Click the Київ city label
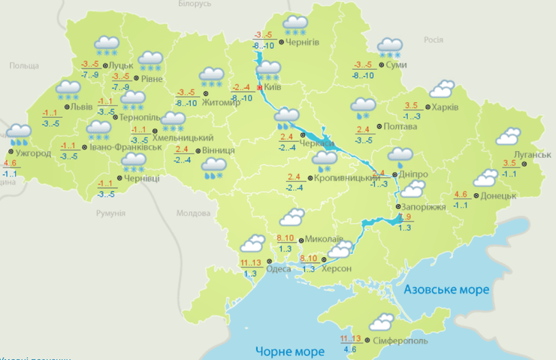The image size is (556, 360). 273,88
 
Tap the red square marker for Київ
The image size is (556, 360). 260,88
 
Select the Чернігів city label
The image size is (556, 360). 304,42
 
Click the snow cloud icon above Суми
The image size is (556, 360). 390,49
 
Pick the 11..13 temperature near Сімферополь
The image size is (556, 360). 350,339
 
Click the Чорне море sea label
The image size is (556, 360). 289,351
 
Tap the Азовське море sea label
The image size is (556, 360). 446,289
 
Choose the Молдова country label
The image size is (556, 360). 193,213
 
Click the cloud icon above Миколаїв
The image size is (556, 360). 291,218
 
